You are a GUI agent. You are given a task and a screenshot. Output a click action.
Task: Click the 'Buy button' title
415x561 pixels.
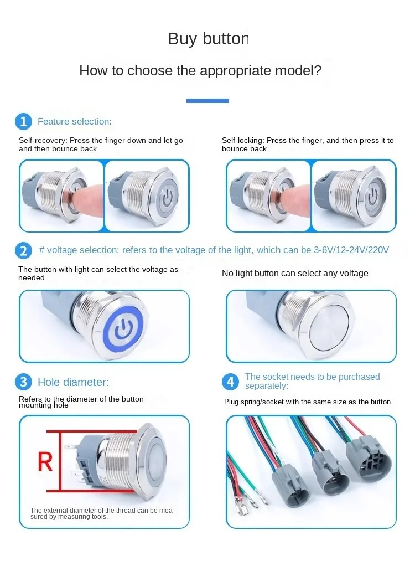[x=209, y=39]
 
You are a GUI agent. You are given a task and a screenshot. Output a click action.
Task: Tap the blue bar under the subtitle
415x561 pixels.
[x=207, y=101]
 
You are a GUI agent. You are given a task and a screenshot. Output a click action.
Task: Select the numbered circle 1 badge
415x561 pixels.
[x=24, y=122]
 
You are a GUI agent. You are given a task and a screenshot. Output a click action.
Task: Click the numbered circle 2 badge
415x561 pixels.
[x=24, y=250]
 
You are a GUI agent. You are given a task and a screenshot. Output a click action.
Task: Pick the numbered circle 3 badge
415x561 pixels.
[x=24, y=382]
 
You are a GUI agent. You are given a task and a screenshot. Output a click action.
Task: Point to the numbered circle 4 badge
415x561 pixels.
[x=231, y=382]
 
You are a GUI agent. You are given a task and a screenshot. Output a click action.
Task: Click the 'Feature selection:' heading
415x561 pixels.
[x=74, y=122]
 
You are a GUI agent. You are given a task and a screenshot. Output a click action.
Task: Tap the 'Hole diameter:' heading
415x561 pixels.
[x=73, y=382]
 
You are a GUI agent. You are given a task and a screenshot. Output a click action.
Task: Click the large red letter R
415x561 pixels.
[x=45, y=461]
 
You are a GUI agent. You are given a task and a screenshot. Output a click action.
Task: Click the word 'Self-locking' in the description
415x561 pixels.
[x=242, y=140]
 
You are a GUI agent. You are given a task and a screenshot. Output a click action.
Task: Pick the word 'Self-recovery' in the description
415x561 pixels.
[x=43, y=140]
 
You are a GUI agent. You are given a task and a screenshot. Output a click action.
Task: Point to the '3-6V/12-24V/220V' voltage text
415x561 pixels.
[x=351, y=250]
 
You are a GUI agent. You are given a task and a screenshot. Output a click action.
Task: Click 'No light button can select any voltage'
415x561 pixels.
[x=295, y=274]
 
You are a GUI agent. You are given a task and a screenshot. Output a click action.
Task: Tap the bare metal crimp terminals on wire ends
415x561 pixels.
[x=250, y=503]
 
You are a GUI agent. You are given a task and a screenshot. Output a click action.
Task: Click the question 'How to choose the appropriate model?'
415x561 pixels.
[x=200, y=70]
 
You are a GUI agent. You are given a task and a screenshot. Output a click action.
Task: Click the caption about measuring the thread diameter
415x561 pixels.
[x=102, y=513]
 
